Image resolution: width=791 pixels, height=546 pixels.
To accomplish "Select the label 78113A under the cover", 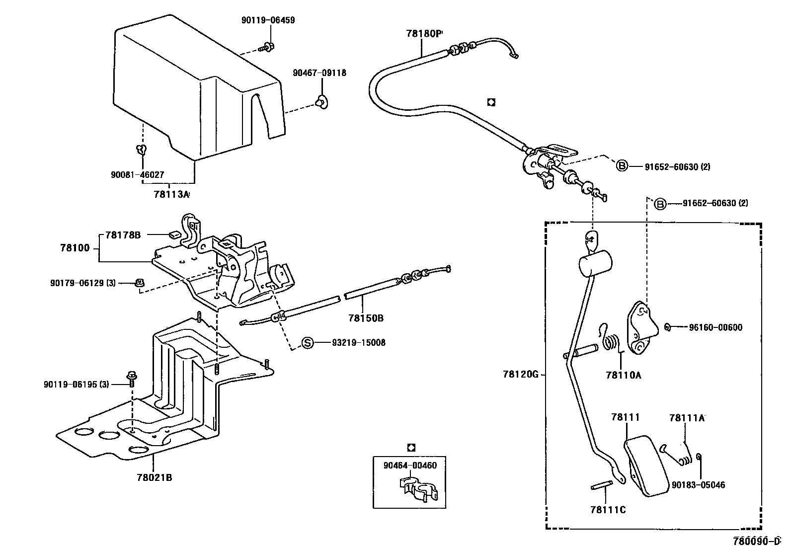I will point(171,194).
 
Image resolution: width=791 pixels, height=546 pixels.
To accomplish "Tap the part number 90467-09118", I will point(319,73).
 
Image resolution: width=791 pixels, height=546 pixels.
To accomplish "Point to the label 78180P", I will point(423,34).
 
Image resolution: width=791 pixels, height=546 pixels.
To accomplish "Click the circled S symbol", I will point(308,342).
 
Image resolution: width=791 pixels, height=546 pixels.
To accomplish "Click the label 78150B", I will point(365,318).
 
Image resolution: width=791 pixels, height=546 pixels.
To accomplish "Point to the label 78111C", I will point(608,510).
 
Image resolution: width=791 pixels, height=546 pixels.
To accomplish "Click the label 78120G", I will point(520,375).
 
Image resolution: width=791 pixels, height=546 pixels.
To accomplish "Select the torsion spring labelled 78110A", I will point(612,342).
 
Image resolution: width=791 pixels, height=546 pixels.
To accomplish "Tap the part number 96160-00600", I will point(715,327).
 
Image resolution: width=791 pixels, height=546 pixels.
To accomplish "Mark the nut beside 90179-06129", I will point(140,283).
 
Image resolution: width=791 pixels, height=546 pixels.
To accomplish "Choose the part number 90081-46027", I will point(137,175).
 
